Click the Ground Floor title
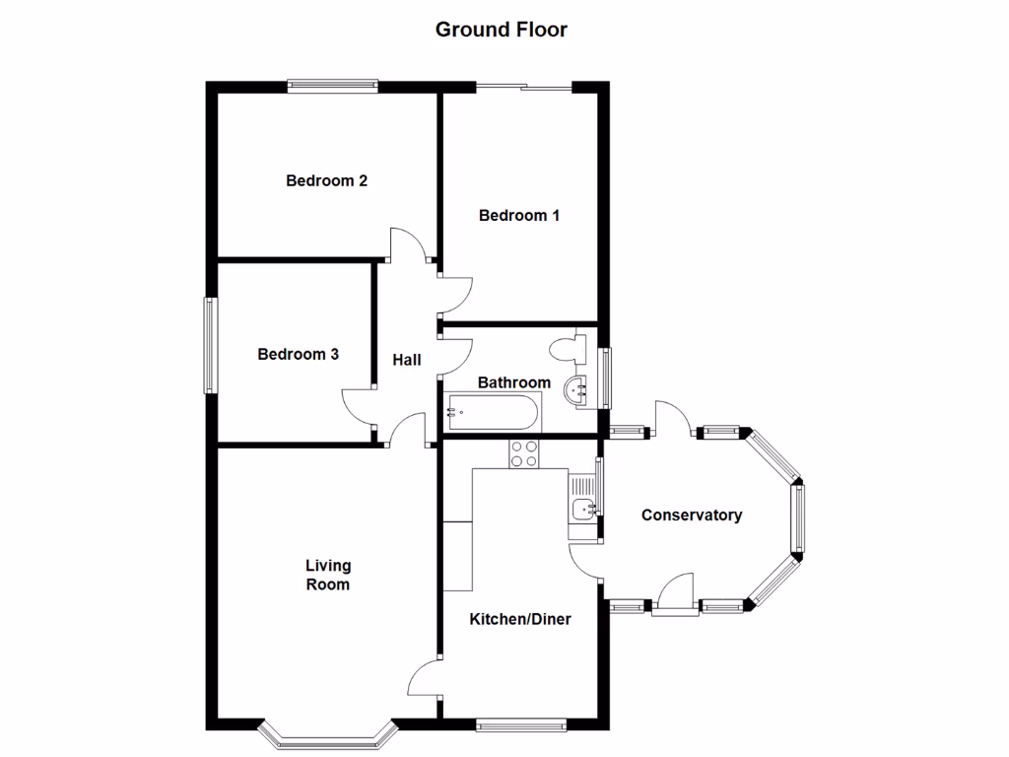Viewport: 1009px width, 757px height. tap(502, 30)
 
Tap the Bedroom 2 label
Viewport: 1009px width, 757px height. tap(327, 181)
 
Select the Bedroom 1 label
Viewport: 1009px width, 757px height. tap(519, 216)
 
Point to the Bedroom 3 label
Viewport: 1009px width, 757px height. tap(299, 355)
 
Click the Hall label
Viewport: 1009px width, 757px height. tap(407, 361)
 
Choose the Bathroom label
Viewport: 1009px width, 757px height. tap(513, 382)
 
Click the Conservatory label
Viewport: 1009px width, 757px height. tap(692, 516)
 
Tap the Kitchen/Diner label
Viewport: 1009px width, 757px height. tap(520, 620)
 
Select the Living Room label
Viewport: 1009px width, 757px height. tap(328, 575)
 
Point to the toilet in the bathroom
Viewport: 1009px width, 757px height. tap(569, 350)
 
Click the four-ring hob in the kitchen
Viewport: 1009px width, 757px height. tap(524, 454)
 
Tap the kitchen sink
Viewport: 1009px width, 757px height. tap(582, 509)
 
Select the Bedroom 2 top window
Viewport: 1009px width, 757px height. tap(332, 87)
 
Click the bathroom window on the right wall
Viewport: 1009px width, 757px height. tap(606, 378)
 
